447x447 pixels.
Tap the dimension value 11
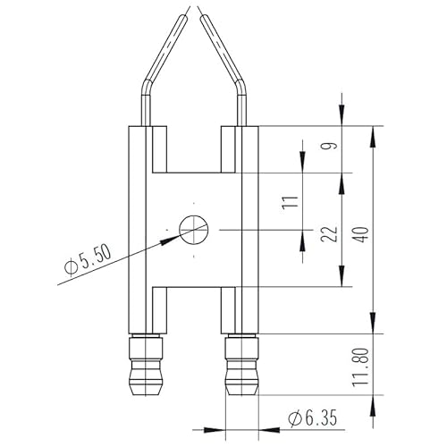coord(288,201)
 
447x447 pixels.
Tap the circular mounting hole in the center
coord(192,230)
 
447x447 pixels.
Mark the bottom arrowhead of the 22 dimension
coord(342,280)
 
